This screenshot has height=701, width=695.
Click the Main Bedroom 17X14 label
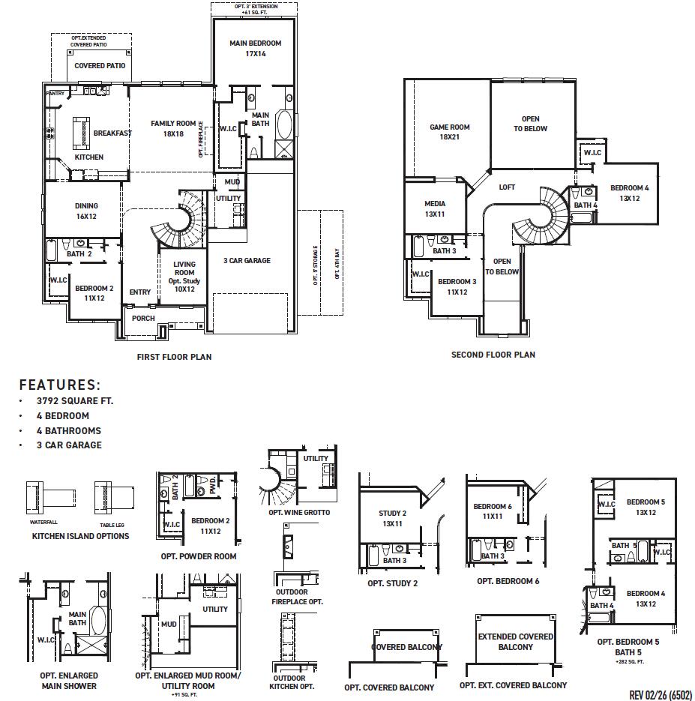(255, 49)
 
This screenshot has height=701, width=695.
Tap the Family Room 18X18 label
(173, 128)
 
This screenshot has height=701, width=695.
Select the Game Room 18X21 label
(449, 132)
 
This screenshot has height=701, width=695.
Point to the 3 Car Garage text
(247, 261)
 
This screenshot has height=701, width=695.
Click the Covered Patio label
(100, 66)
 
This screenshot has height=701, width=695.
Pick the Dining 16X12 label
(86, 211)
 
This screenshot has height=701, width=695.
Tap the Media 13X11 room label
(435, 208)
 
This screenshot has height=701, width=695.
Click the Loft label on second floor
(508, 187)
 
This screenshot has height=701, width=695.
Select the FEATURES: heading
(59, 385)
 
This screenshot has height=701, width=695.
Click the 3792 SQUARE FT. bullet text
(75, 401)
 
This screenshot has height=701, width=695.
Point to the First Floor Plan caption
(174, 357)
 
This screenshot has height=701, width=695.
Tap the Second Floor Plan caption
(493, 355)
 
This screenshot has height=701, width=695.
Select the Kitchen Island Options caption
(80, 536)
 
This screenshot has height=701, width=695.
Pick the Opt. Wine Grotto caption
(299, 513)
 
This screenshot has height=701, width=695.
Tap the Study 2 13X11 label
(391, 519)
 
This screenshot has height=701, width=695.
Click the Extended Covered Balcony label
(516, 642)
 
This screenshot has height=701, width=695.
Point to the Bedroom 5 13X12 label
(646, 508)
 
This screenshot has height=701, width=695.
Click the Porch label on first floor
(143, 319)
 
